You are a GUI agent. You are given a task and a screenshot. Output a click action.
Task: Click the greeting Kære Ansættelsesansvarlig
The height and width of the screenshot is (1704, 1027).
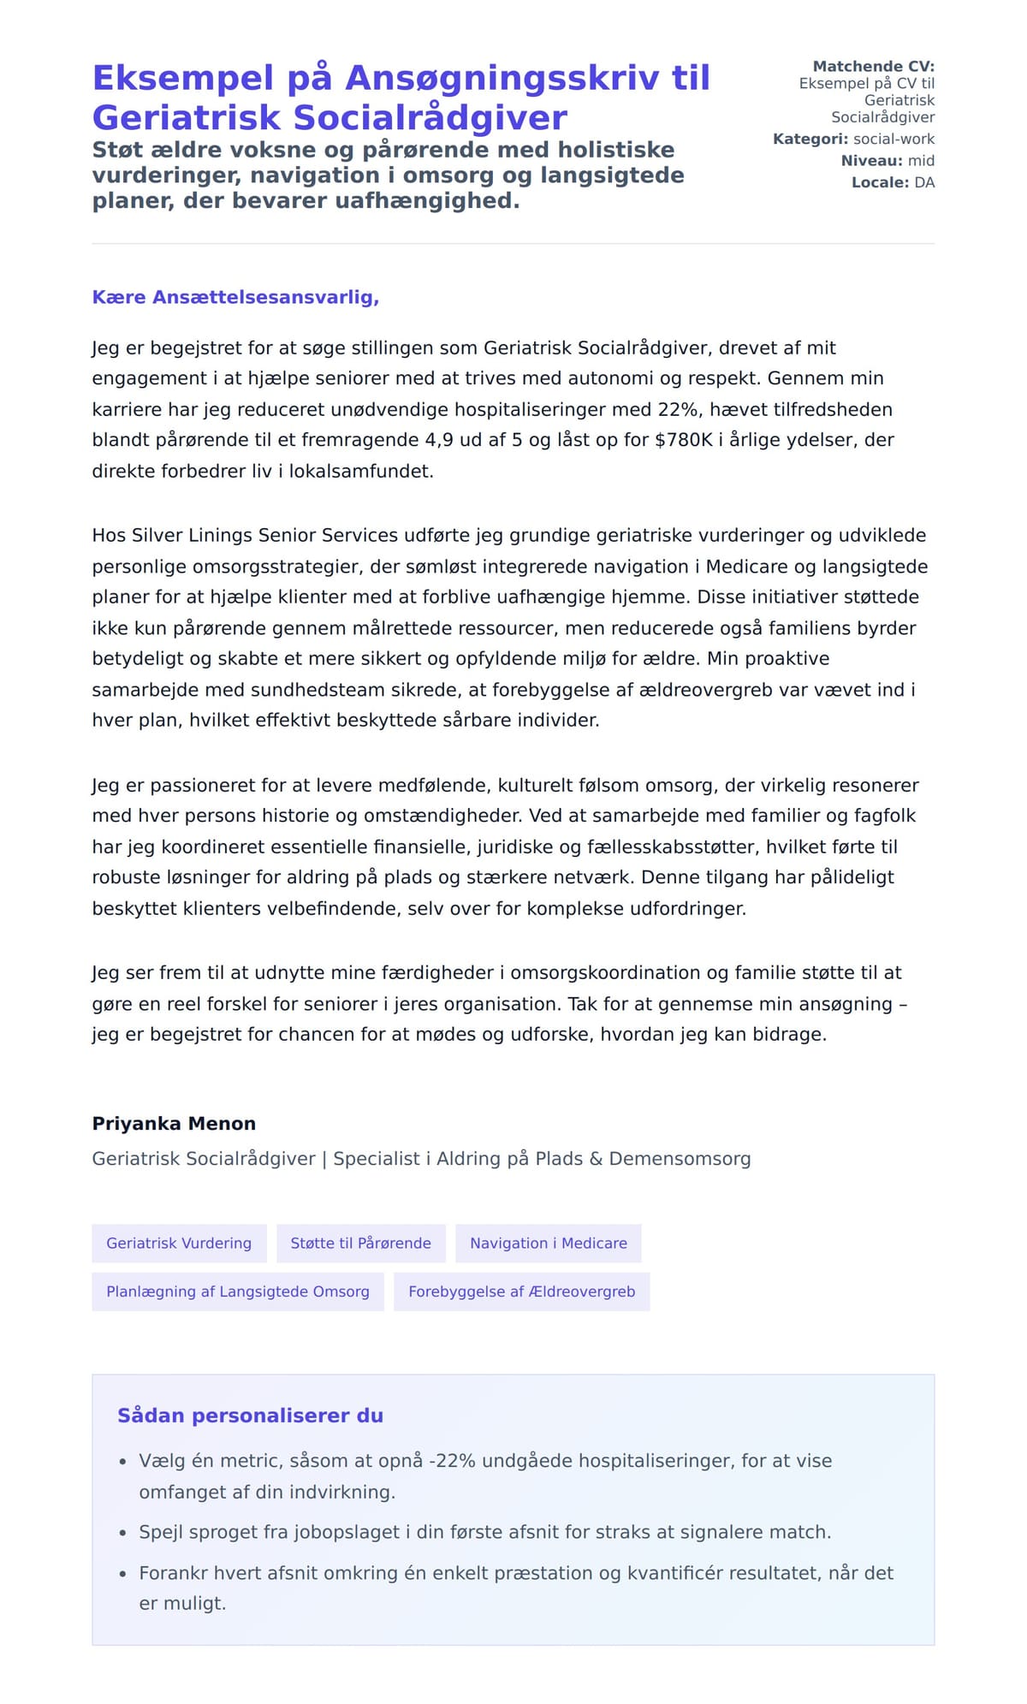(x=235, y=297)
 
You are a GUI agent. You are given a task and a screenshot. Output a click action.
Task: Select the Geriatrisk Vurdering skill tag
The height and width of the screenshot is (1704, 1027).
(x=179, y=1243)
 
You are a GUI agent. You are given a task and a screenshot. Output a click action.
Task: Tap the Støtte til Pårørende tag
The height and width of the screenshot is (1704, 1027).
(x=360, y=1243)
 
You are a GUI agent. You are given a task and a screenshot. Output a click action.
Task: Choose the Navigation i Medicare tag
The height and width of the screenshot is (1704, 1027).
(x=548, y=1243)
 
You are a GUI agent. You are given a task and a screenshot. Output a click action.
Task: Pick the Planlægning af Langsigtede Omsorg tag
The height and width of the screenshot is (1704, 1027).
(x=237, y=1291)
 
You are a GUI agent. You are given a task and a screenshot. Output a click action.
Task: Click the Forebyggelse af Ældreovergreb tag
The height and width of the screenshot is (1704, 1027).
(x=521, y=1291)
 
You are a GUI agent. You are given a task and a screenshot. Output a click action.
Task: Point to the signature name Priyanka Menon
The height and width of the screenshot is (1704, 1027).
(x=174, y=1124)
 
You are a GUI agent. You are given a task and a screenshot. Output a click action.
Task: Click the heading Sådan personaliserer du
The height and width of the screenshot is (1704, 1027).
(x=250, y=1416)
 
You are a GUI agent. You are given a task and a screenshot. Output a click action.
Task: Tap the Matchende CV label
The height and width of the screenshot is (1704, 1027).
(x=873, y=66)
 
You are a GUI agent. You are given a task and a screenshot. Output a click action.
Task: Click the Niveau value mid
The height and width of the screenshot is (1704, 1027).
(x=921, y=161)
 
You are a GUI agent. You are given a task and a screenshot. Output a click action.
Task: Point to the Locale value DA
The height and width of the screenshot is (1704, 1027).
(x=924, y=182)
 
